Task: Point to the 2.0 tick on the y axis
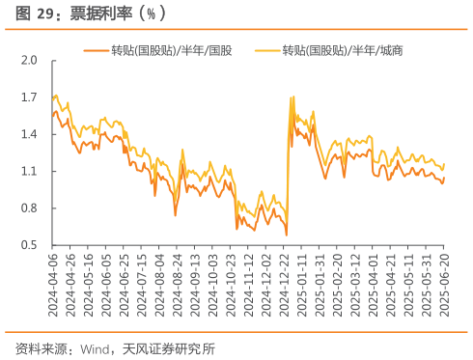(29, 61)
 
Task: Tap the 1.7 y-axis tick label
(29, 97)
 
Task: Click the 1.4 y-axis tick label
(29, 134)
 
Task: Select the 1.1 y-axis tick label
(29, 172)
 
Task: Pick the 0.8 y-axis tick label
(29, 208)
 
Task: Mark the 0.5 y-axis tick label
(29, 245)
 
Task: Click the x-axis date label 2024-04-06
(54, 282)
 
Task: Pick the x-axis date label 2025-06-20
(447, 282)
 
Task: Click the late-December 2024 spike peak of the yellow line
(292, 97)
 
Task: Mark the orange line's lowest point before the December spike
(287, 235)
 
